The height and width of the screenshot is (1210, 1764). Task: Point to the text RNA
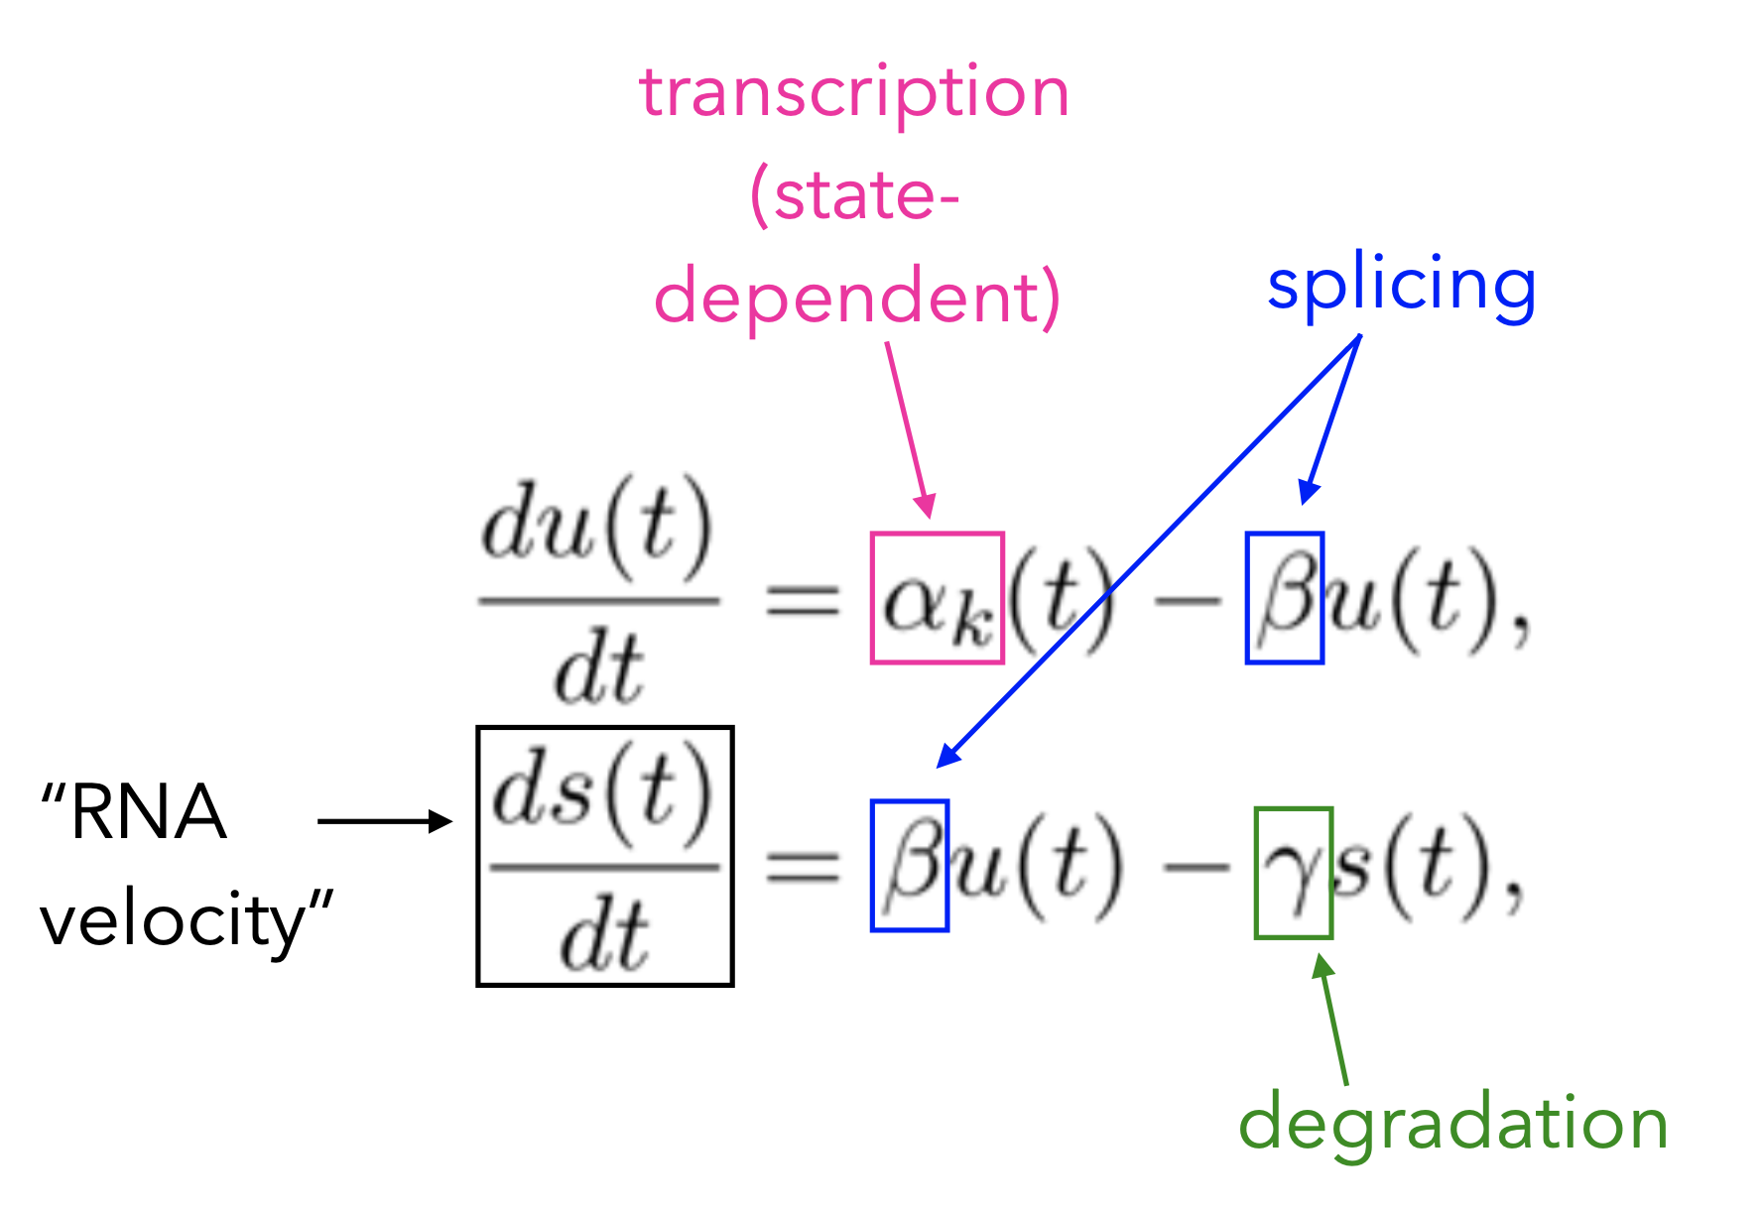[x=149, y=812]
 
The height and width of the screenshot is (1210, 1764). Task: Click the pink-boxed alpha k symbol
[x=937, y=598]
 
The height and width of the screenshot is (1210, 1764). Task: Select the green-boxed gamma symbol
[x=1293, y=873]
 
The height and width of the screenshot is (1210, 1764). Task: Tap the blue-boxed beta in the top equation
[x=1284, y=598]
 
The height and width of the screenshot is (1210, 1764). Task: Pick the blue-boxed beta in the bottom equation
[x=909, y=866]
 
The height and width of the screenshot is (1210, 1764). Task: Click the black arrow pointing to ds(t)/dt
[x=384, y=821]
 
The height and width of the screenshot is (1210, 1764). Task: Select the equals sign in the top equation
[x=803, y=599]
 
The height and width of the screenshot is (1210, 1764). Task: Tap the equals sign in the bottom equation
[x=803, y=868]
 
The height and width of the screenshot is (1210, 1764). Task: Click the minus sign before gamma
[x=1196, y=869]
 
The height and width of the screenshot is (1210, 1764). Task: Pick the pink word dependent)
[x=857, y=298]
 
